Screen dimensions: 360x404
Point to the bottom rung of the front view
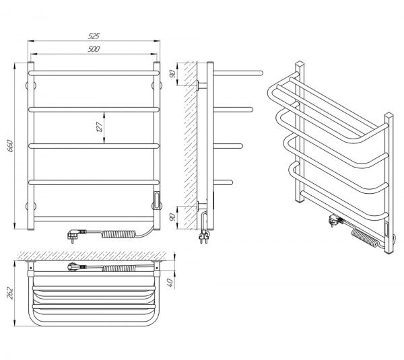pyautogui.click(x=95, y=218)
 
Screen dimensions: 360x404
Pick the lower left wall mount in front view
pyautogui.click(x=28, y=205)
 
